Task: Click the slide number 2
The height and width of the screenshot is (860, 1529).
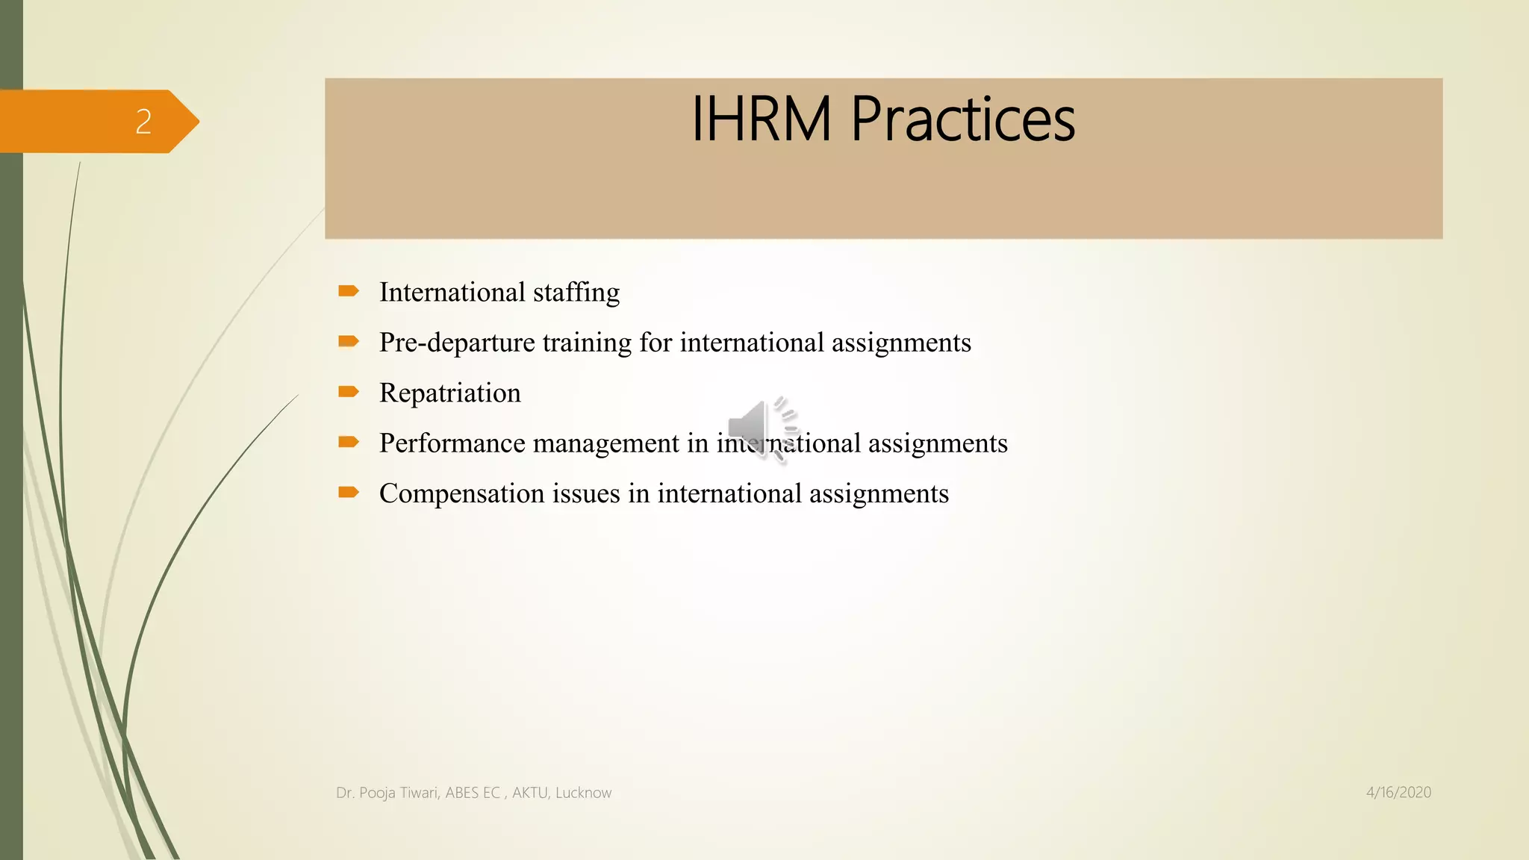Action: click(143, 122)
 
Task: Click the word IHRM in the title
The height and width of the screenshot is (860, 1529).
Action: click(761, 119)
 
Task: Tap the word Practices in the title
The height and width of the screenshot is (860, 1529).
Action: click(962, 119)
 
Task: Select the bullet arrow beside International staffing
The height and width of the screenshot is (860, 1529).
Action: click(348, 291)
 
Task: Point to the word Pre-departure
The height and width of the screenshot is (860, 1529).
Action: click(457, 343)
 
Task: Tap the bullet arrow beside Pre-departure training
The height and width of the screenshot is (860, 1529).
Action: click(348, 341)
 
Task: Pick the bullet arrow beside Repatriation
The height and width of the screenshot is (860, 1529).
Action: click(348, 391)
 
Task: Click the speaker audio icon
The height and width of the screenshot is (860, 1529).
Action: click(762, 429)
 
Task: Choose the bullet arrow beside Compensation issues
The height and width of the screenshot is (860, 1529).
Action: click(348, 492)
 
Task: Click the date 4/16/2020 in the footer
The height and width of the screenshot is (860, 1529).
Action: click(1398, 793)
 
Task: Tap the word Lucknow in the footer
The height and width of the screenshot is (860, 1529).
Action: click(583, 793)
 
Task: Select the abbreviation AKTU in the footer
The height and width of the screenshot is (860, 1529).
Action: click(529, 793)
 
